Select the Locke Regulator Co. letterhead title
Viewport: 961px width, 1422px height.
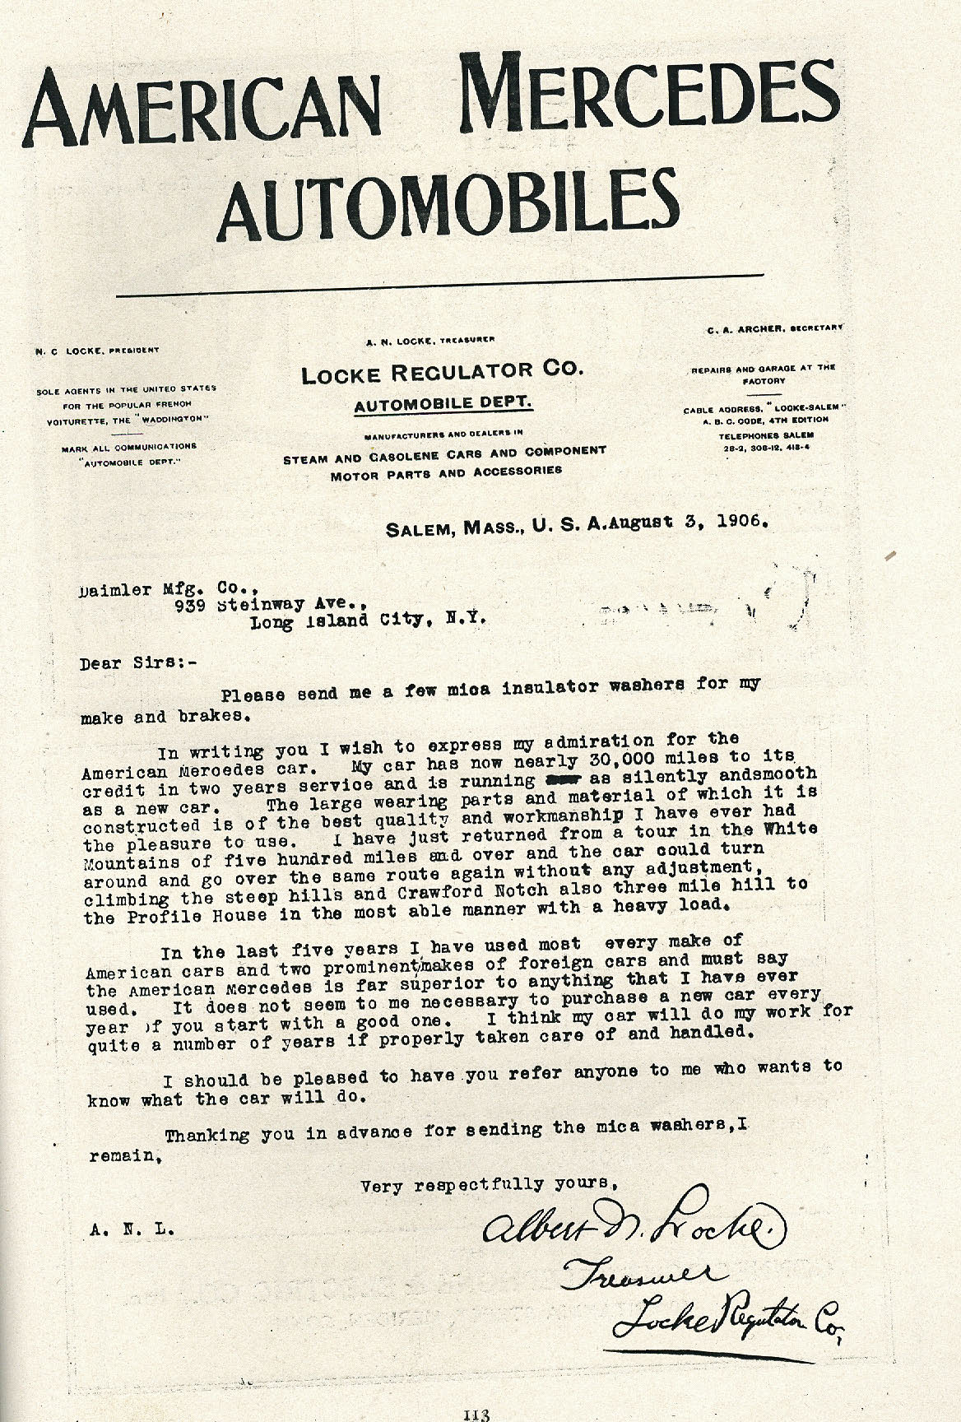442,374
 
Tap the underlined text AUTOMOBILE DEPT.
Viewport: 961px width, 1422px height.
443,404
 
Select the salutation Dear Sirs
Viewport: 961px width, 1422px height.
138,663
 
